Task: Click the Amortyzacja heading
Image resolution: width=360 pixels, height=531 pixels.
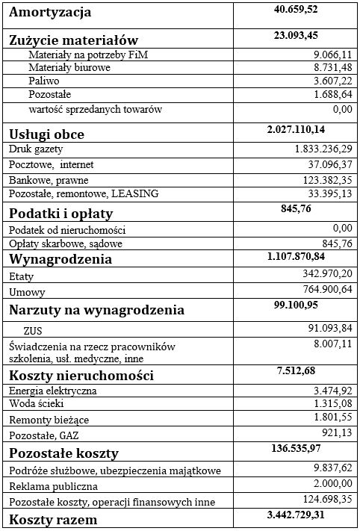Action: (x=50, y=13)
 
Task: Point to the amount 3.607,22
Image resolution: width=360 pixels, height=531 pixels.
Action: (x=328, y=81)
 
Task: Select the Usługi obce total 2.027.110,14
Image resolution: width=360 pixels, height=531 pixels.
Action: (x=301, y=130)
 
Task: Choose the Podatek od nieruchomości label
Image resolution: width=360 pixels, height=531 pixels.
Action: (x=66, y=229)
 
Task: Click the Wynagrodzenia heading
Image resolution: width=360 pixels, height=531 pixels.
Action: (x=60, y=259)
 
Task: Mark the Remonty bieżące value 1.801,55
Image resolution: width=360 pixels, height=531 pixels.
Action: (x=328, y=417)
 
